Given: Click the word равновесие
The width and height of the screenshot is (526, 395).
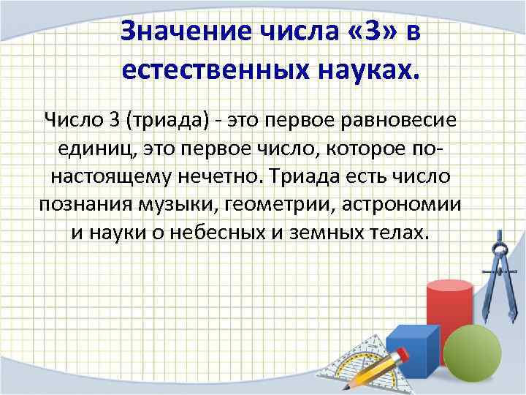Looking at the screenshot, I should tap(396, 118).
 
